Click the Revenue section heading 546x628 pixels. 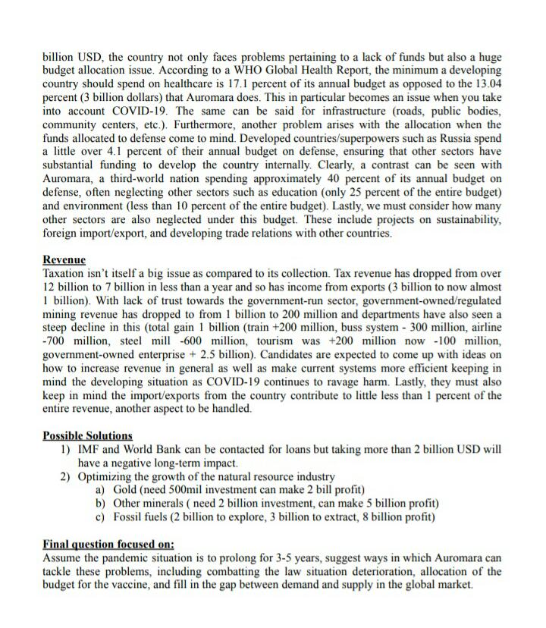point(64,259)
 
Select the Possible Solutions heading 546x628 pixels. point(87,435)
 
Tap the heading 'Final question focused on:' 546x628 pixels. point(108,544)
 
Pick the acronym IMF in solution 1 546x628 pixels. point(89,449)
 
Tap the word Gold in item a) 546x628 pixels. point(127,489)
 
